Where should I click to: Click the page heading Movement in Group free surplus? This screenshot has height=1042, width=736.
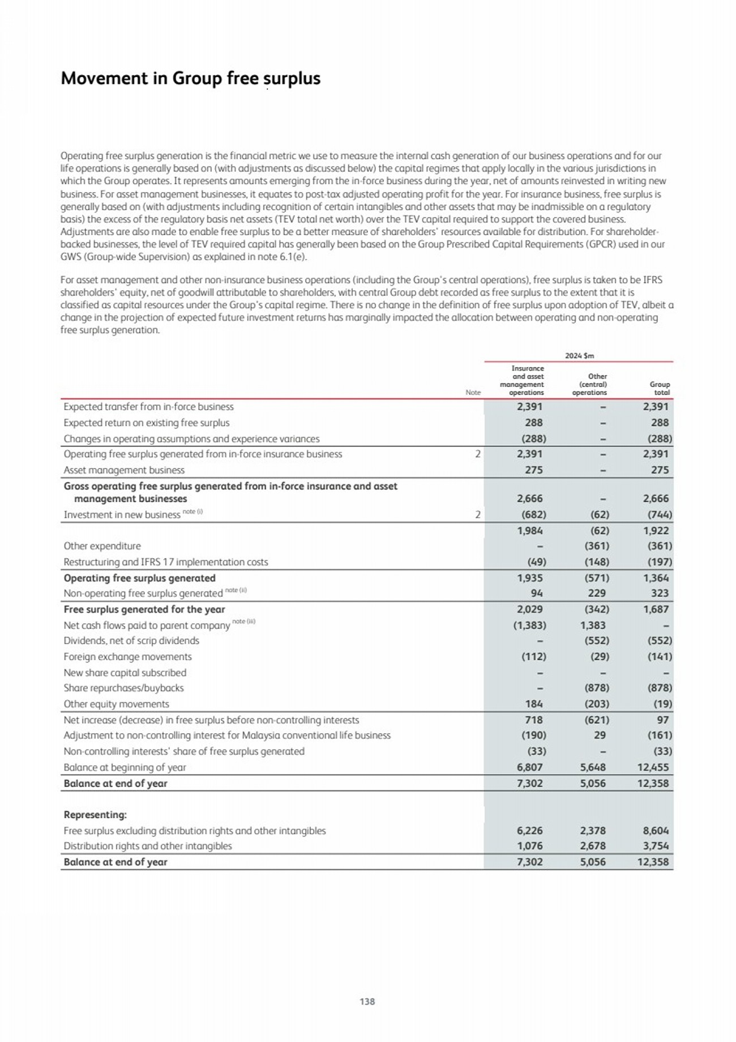click(x=190, y=78)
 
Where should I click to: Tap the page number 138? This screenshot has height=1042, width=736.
click(x=367, y=1001)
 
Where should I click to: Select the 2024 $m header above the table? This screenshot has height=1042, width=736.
click(x=579, y=356)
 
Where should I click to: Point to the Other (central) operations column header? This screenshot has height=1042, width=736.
click(x=589, y=384)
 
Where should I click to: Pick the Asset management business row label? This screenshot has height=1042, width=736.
click(x=124, y=470)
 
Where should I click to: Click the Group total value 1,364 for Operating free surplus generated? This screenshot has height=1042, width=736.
click(x=656, y=578)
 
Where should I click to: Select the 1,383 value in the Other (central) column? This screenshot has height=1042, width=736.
click(x=592, y=626)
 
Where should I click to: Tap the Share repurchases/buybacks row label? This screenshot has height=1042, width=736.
click(x=123, y=688)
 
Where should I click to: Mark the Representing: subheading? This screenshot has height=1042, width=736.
click(x=95, y=815)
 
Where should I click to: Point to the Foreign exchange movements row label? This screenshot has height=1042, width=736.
click(x=127, y=657)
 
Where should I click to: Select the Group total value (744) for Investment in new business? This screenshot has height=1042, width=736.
click(x=660, y=514)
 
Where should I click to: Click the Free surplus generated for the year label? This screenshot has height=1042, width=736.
click(x=144, y=610)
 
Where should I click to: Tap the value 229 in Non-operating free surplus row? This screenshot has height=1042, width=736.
click(x=597, y=593)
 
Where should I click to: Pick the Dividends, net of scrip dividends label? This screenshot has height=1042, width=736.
click(x=131, y=641)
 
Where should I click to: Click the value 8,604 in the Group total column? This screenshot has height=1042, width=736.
click(x=655, y=831)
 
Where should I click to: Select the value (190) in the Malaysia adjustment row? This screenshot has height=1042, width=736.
click(x=533, y=735)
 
